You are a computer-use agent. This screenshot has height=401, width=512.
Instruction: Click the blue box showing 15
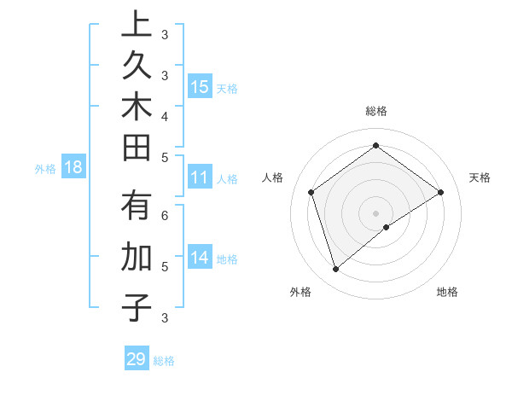tap(200, 86)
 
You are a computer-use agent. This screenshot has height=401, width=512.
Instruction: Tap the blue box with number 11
tap(200, 177)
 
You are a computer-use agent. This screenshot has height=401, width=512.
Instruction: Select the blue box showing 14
tap(200, 258)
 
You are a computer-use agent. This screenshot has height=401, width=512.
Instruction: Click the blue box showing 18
tap(73, 167)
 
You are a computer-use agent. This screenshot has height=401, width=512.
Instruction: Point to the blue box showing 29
tap(137, 359)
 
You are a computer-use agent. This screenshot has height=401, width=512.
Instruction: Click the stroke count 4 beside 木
tap(164, 115)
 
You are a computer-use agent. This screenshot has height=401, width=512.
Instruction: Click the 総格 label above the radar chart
tap(375, 111)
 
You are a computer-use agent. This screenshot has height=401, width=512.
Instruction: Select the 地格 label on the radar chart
tap(447, 292)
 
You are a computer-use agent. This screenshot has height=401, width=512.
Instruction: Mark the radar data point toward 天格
tap(440, 193)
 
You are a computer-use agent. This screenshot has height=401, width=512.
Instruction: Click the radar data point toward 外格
tap(335, 270)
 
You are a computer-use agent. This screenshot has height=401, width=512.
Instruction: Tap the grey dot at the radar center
tap(375, 212)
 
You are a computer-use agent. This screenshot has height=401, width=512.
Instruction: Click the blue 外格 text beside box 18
tap(45, 169)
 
